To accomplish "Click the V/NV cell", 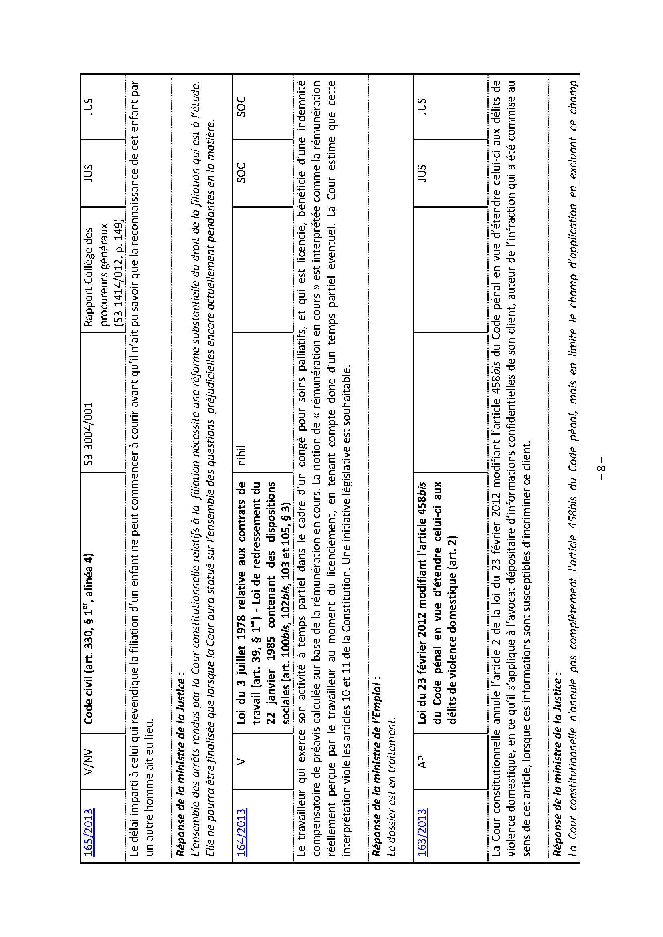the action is click(x=89, y=761).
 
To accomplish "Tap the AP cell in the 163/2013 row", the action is click(x=422, y=762).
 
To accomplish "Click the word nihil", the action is click(x=241, y=455).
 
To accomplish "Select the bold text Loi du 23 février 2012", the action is click(x=422, y=665).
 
